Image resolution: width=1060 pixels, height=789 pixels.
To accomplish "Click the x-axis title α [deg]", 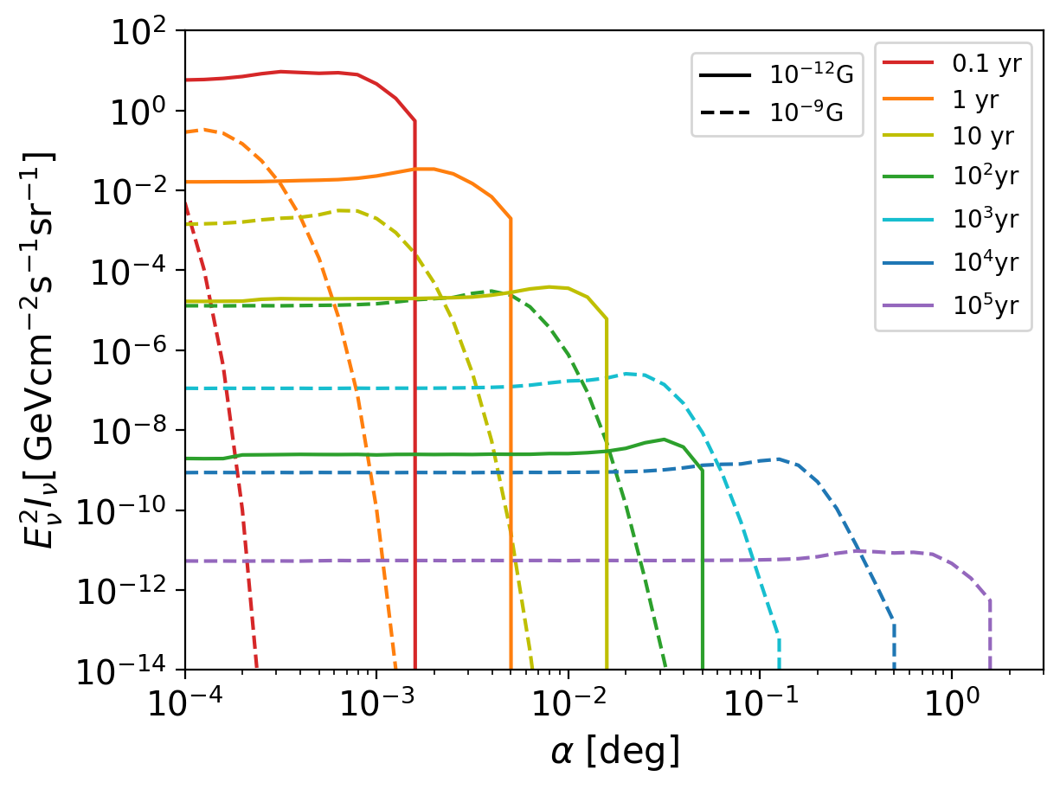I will click(614, 752).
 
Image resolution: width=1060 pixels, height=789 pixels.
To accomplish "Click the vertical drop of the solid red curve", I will click(415, 389).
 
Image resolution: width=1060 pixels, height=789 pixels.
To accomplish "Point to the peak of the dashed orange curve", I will click(202, 130).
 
